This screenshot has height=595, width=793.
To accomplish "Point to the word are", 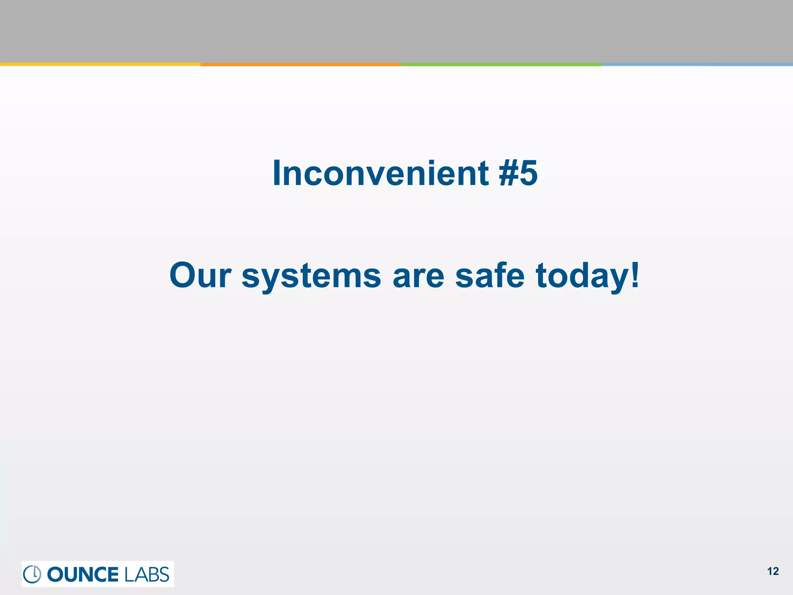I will point(418,276).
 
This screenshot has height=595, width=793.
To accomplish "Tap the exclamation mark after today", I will point(635,274).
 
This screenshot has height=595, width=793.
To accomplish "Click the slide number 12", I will point(773,571).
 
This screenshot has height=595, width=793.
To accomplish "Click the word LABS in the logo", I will point(147,574).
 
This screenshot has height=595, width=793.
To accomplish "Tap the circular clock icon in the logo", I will point(32,574).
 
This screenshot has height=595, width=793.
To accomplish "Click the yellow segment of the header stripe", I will point(100,64).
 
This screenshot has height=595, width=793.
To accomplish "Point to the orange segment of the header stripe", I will point(301,64).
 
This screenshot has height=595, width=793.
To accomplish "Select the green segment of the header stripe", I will point(501,64).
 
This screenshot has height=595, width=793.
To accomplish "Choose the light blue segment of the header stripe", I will point(697,64).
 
